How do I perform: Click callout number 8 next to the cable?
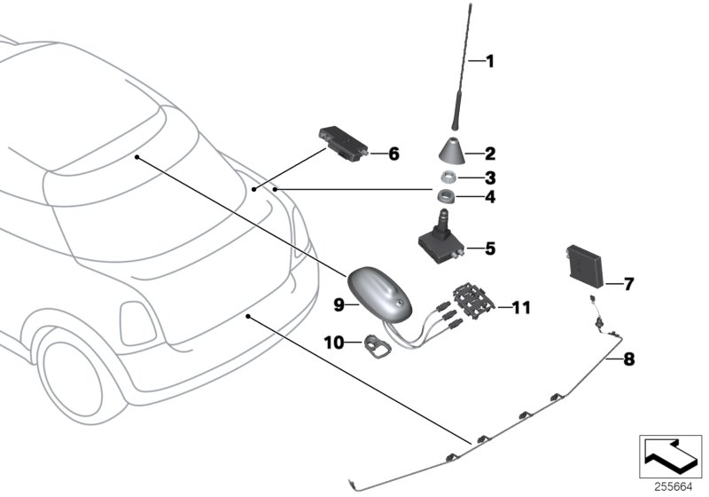(630, 360)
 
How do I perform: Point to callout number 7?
(629, 285)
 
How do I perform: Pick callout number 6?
(393, 154)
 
